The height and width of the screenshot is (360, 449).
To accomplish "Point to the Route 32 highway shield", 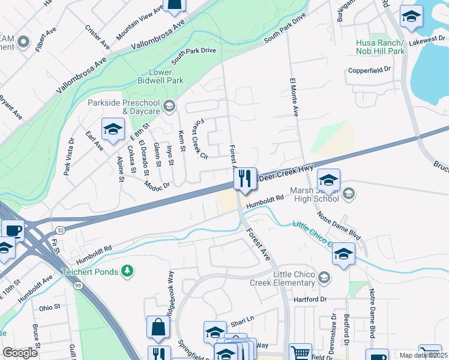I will pyautogui.click(x=60, y=229).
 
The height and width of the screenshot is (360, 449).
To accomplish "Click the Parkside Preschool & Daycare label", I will pyautogui.click(x=124, y=107).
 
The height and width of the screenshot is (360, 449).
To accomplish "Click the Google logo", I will pyautogui.click(x=20, y=353).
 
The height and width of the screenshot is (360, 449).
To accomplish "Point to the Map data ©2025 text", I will pyautogui.click(x=423, y=355).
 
